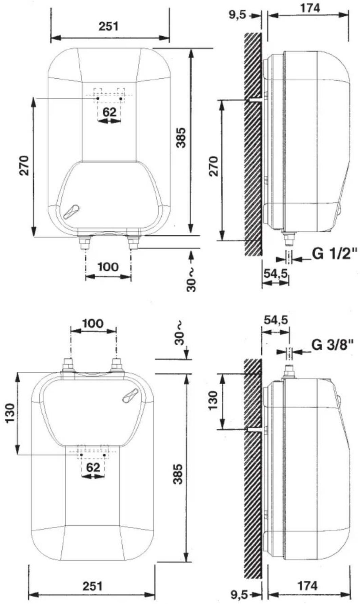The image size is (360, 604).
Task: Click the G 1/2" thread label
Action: coord(335,254)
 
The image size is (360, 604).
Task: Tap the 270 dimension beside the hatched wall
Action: coord(214,166)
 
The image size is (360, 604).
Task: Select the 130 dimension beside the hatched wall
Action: coord(213,400)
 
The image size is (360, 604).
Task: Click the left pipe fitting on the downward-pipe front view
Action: coord(84,242)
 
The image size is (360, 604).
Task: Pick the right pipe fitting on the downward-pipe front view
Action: coord(133,242)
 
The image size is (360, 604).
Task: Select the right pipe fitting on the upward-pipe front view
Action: coord(118,366)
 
